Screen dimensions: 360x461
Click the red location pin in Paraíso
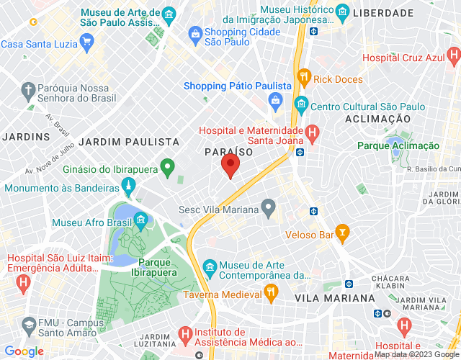[x=230, y=166]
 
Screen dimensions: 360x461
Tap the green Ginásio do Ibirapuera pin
[x=168, y=168]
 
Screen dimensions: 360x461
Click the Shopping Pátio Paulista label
[x=237, y=86]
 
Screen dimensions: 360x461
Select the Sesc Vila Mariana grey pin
[x=269, y=209]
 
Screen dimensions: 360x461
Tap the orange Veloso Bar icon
[x=343, y=233]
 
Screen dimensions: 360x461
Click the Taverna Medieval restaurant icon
[x=271, y=292]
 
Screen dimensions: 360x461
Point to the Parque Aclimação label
[x=398, y=145]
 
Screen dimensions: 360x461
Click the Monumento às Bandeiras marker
[x=129, y=187]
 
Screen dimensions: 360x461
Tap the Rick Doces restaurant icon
[x=305, y=78]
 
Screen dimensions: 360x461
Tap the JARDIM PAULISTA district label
[x=129, y=142]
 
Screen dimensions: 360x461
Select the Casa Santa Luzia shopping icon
[x=86, y=42]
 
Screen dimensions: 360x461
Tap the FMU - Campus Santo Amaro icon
[x=30, y=323]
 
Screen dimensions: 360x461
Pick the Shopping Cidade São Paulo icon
[x=194, y=33]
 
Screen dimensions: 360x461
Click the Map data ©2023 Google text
[x=416, y=354]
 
